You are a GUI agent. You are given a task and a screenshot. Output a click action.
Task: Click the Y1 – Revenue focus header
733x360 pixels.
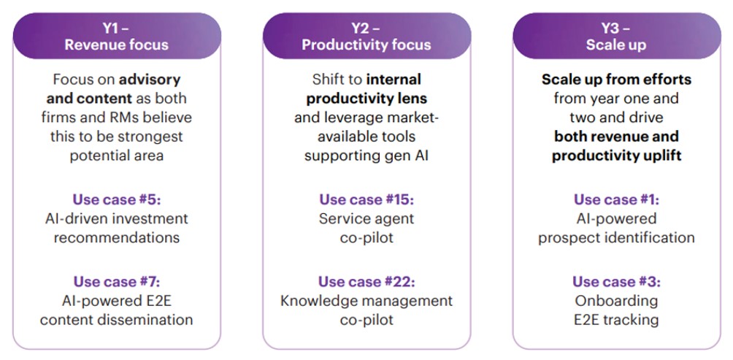tap(116, 37)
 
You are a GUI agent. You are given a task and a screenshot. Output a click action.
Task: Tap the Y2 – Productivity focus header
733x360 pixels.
tap(366, 37)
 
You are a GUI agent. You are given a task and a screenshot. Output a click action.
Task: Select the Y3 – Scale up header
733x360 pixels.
tap(615, 37)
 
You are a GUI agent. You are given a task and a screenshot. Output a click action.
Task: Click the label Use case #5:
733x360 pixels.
tap(116, 199)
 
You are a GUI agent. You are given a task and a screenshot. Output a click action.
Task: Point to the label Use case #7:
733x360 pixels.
tap(116, 281)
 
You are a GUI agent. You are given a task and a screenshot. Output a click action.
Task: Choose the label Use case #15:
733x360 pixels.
tap(366, 199)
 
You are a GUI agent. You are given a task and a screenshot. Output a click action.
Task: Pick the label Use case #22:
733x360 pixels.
tap(366, 281)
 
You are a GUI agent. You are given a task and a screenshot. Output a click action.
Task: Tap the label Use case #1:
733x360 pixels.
tap(616, 199)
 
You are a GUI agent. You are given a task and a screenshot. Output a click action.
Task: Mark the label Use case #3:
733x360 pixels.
tap(616, 281)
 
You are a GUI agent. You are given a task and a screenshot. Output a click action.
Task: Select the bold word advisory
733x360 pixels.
tap(150, 79)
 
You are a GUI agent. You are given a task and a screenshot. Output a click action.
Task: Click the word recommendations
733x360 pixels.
tap(116, 237)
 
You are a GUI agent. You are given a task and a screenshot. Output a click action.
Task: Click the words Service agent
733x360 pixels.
tap(366, 218)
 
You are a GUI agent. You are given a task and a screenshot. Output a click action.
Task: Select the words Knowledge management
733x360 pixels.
tap(366, 300)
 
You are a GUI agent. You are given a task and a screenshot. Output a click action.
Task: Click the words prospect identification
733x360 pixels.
tap(616, 237)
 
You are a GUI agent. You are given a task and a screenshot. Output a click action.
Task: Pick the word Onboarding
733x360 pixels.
tap(616, 300)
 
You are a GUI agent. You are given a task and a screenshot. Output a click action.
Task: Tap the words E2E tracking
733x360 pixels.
tap(616, 319)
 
